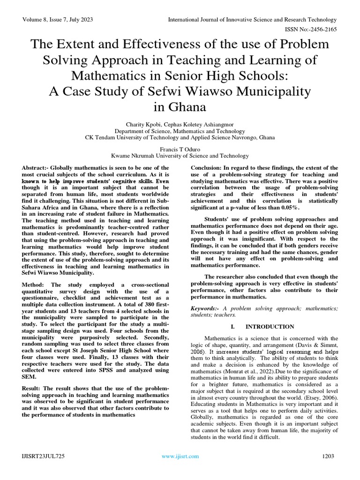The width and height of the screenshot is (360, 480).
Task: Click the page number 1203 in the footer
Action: click(x=329, y=456)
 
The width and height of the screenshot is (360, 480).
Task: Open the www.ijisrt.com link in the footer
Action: click(x=180, y=456)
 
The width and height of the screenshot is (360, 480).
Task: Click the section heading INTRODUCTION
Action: click(x=270, y=327)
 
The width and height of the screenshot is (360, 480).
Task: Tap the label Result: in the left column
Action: click(x=35, y=389)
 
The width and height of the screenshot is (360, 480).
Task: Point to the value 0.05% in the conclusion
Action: click(x=288, y=208)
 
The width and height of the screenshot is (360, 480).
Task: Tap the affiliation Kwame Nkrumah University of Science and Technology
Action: click(x=180, y=156)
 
